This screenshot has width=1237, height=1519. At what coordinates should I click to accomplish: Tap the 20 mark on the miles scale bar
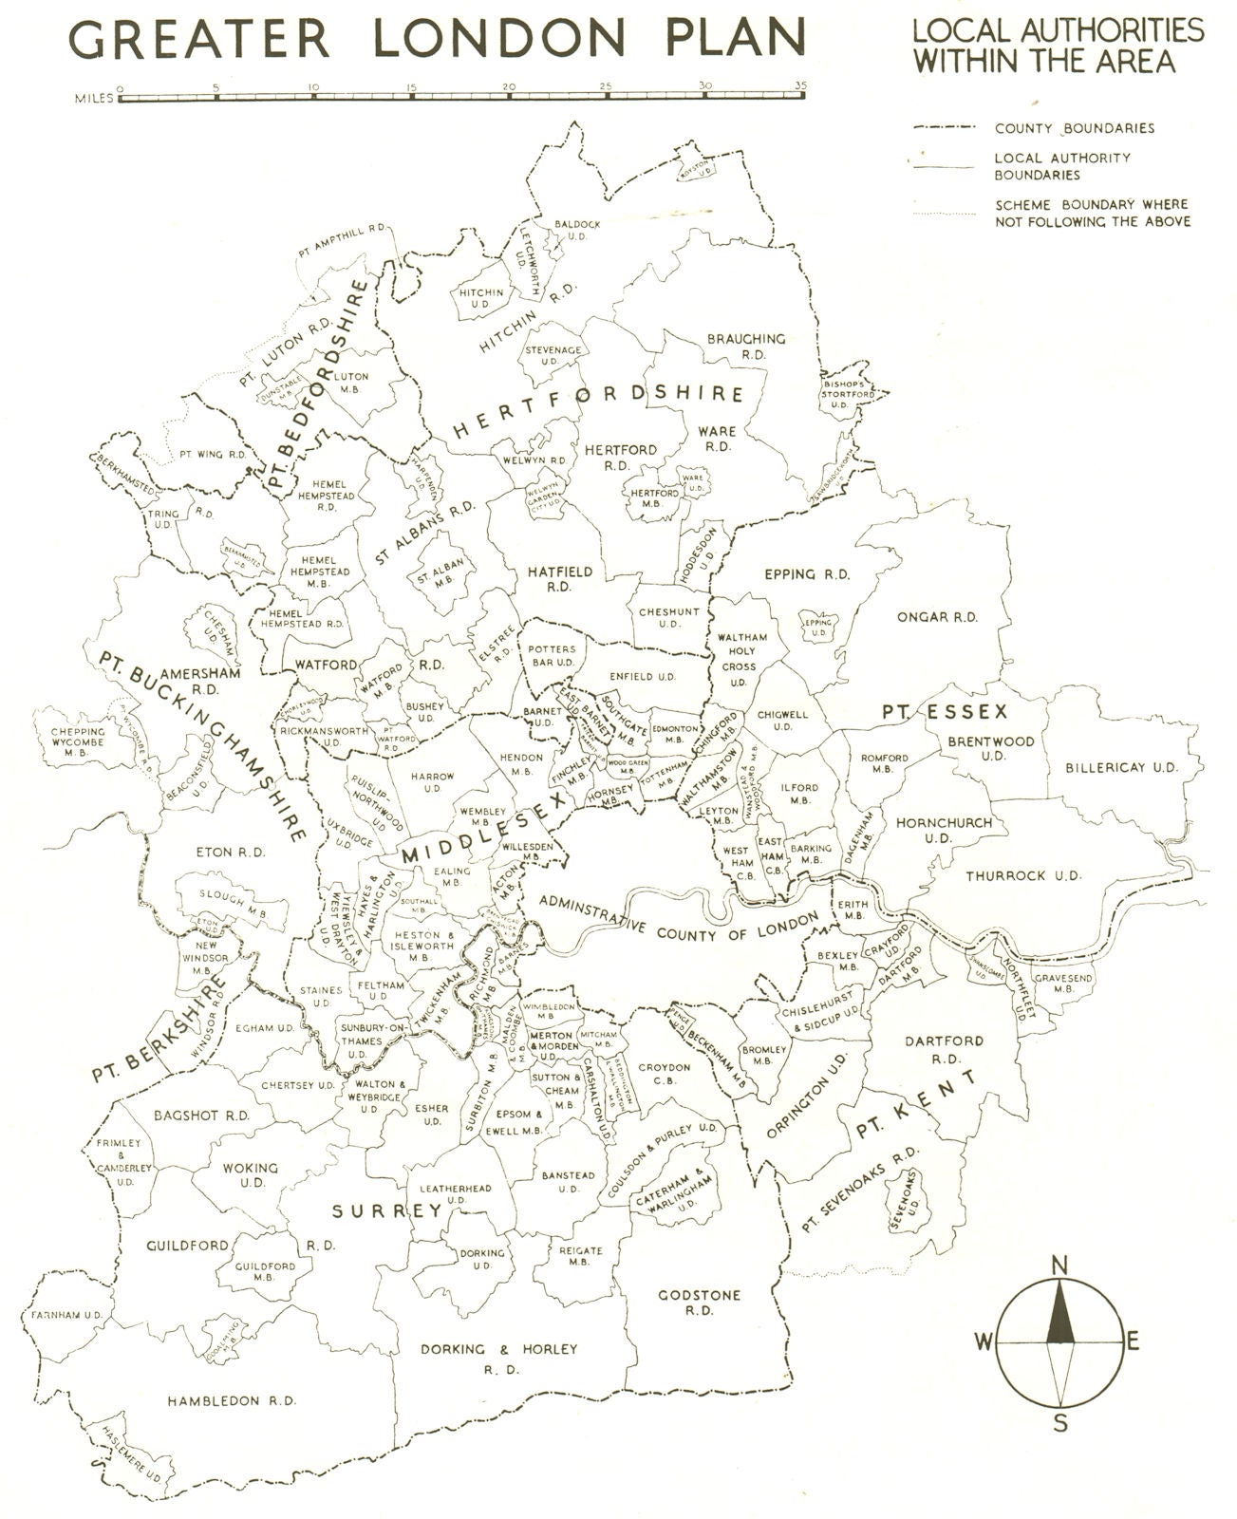coord(509,87)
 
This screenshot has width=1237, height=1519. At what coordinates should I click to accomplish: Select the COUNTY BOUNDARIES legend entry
coord(1074,127)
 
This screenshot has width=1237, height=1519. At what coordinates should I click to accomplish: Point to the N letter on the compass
coord(1060,1264)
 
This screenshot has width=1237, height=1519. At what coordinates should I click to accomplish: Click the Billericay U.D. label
coord(1121,767)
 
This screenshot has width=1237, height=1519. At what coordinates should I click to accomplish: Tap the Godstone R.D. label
coord(700,1302)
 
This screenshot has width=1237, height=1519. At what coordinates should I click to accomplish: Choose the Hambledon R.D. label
coord(232,1400)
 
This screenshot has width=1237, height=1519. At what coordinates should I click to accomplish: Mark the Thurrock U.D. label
coord(1023,876)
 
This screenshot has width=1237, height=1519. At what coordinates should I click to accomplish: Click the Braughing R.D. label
coord(747,346)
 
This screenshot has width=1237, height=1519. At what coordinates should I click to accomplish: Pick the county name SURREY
coord(386,1210)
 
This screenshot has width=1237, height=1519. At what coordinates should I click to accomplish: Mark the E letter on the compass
coord(1132,1341)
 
